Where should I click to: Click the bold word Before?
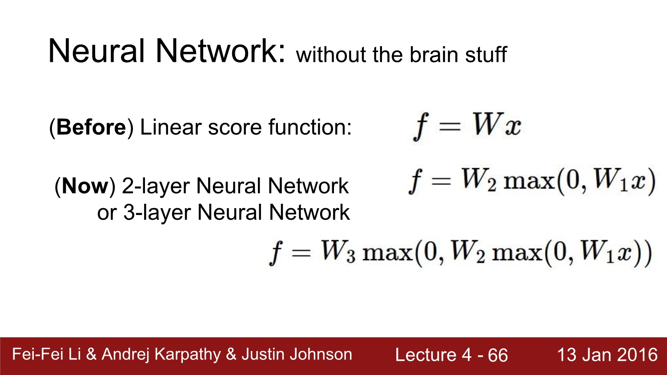[91, 128]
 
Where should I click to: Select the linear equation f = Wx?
[467, 125]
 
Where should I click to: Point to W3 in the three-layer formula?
[338, 252]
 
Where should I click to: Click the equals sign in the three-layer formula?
[301, 253]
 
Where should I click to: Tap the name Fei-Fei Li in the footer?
[47, 354]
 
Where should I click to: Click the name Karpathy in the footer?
[187, 355]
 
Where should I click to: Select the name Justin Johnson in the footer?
[297, 354]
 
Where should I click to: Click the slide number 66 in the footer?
[498, 355]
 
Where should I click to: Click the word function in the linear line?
[309, 128]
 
